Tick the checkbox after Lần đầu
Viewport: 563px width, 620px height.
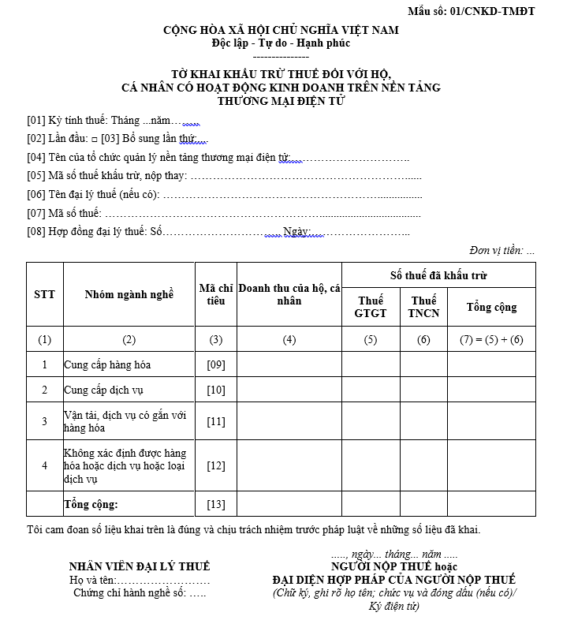click(94, 140)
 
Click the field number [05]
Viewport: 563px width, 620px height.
click(35, 176)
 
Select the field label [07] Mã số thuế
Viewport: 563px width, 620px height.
click(64, 212)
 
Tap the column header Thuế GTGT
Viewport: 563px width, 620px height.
click(371, 307)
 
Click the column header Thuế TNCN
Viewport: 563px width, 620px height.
click(423, 307)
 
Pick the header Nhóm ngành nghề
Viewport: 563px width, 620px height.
click(129, 294)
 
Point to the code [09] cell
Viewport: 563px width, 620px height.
click(215, 364)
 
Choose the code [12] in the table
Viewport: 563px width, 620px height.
click(215, 465)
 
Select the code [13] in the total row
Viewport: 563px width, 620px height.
click(215, 504)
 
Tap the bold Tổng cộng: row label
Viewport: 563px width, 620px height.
click(91, 504)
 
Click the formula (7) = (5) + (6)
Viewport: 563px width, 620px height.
click(491, 340)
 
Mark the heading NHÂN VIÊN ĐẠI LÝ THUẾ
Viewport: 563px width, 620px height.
click(140, 566)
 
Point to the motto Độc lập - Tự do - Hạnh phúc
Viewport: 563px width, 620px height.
click(281, 43)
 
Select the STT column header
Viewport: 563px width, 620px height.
click(45, 294)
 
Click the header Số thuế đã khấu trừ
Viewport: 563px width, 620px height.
click(438, 275)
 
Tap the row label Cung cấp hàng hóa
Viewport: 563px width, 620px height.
click(107, 364)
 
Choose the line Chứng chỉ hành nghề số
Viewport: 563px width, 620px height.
click(140, 593)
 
